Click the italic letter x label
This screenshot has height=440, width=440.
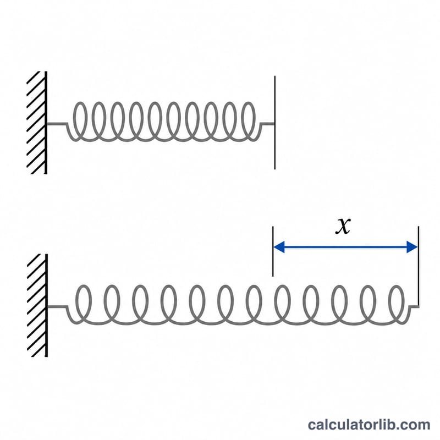click(x=343, y=226)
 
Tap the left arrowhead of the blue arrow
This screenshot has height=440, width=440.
click(x=279, y=247)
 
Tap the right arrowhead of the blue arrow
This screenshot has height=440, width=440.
click(x=412, y=247)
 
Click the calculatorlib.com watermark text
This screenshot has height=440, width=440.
click(x=369, y=425)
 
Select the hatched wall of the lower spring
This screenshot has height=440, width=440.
click(x=37, y=305)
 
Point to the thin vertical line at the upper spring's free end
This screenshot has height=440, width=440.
click(x=274, y=122)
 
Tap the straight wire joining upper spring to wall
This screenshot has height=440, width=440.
click(x=57, y=123)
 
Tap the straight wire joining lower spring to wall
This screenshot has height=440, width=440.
click(x=58, y=306)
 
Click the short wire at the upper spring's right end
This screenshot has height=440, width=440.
click(x=267, y=123)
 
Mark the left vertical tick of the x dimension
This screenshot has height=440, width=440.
click(x=273, y=251)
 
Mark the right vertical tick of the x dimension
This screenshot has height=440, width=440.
click(x=419, y=266)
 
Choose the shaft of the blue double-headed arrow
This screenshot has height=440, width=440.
click(x=345, y=247)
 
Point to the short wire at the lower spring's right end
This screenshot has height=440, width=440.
click(x=415, y=307)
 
